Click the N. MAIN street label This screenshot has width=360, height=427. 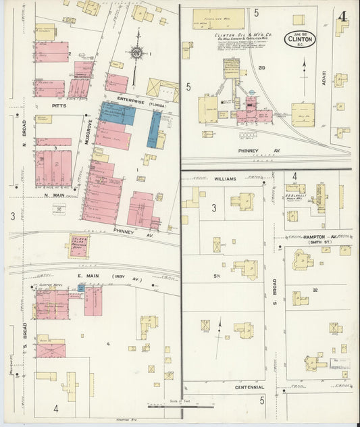pos(54,195)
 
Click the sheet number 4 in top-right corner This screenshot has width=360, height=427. pos(342,14)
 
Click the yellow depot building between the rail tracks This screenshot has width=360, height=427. pos(78,245)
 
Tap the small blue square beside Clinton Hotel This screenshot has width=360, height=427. pos(81,288)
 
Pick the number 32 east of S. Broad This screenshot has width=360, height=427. pos(315,290)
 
